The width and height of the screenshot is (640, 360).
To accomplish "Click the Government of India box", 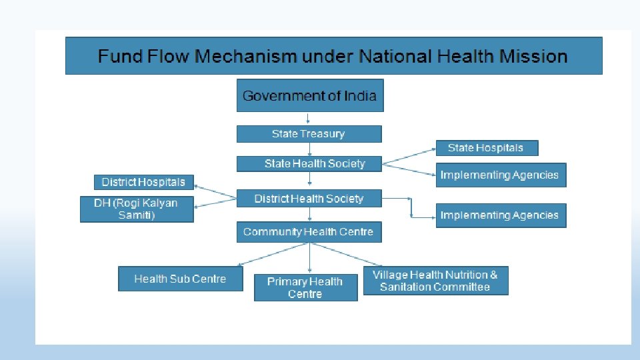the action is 310,96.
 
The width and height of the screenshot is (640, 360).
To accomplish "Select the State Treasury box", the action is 309,134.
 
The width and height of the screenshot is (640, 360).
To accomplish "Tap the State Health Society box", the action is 310,164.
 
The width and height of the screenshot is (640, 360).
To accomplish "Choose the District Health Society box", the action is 309,199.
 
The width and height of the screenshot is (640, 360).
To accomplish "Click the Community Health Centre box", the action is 309,232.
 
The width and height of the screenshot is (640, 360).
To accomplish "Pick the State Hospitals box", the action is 486,148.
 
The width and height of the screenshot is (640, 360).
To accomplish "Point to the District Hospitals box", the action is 143,182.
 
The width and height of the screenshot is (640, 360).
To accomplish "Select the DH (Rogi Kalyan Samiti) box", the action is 137,209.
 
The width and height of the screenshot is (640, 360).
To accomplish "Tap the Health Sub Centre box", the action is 180,279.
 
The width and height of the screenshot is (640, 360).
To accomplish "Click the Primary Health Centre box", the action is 305,287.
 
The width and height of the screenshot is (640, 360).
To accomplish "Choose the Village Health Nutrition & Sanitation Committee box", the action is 435,281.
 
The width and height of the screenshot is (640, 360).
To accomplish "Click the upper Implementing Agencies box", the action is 500,175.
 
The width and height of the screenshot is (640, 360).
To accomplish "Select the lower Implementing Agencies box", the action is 500,215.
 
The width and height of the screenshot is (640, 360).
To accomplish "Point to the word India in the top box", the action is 360,96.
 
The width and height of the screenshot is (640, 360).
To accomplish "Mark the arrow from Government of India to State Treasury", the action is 309,119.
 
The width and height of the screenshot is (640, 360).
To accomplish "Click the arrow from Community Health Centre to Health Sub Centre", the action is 273,254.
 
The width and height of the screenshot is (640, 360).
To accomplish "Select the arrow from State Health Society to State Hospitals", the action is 408,155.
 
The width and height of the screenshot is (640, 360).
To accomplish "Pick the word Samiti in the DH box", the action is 137,215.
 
